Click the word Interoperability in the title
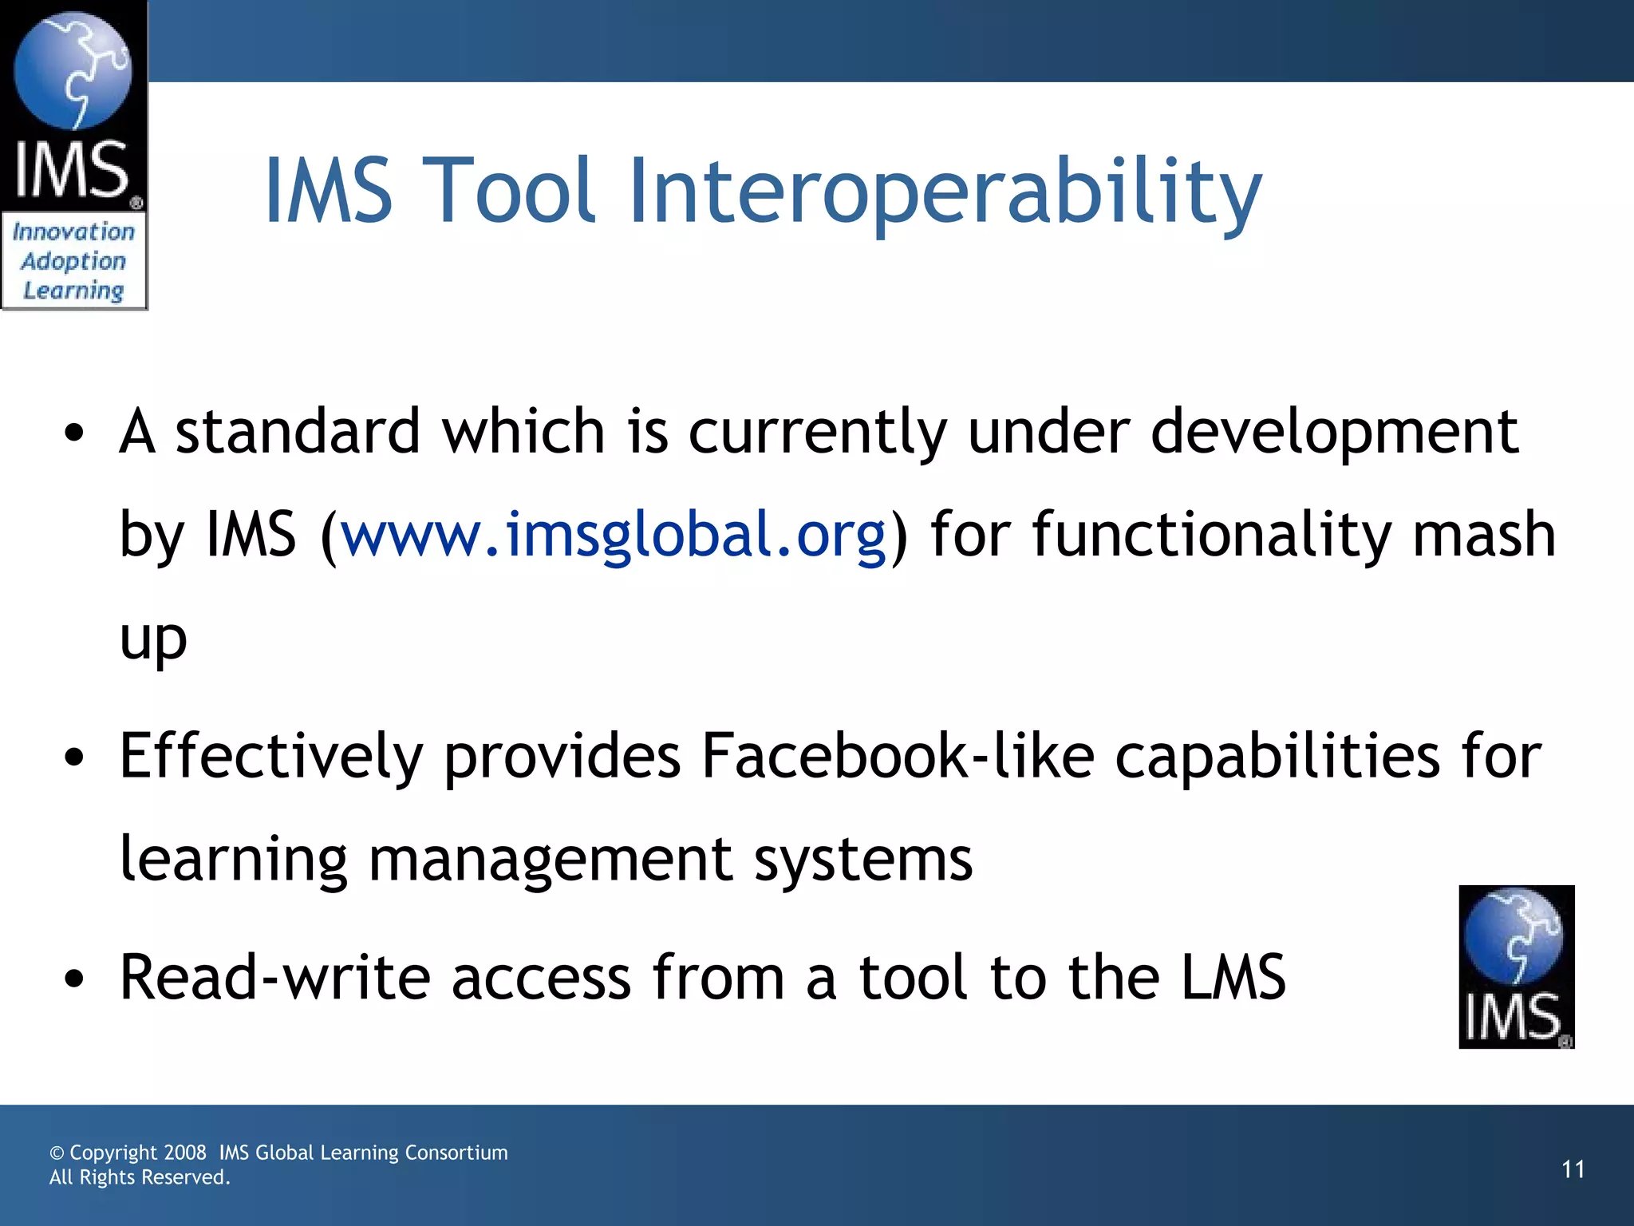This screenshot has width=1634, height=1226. point(945,192)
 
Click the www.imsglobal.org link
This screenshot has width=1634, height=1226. point(614,534)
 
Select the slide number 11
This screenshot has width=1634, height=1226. point(1573,1169)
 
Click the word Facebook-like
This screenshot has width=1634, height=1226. point(898,755)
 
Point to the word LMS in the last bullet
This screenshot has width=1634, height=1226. point(1233,977)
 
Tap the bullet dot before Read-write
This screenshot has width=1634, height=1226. point(74,979)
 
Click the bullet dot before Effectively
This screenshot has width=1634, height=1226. point(74,758)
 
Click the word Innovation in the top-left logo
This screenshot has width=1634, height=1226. point(73,232)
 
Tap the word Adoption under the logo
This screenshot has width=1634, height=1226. point(73,261)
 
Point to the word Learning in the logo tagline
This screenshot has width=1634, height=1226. point(73,291)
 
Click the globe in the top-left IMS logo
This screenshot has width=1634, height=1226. point(73,70)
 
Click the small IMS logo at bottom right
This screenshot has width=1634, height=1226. point(1516,967)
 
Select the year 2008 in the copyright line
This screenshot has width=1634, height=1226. point(185,1153)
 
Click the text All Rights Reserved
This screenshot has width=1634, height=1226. point(140,1177)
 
